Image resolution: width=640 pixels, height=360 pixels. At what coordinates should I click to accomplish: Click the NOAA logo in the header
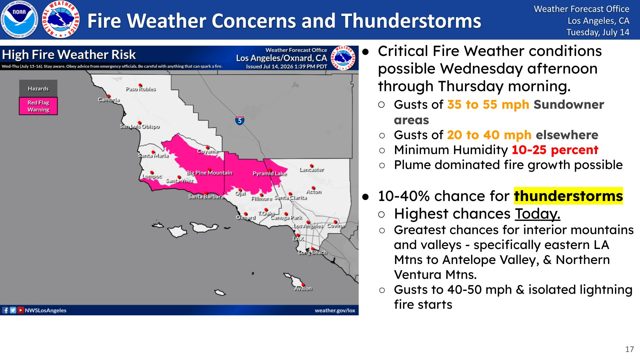coord(19,19)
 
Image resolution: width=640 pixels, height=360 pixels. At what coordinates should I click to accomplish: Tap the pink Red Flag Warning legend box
coord(38,106)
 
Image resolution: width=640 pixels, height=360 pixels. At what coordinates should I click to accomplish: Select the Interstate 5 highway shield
coord(240,120)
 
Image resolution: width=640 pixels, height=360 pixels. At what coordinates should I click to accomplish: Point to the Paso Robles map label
coord(141,89)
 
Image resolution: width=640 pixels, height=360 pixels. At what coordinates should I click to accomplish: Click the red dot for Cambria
coord(108,96)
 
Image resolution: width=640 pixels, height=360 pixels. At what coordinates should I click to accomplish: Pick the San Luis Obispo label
coord(140,126)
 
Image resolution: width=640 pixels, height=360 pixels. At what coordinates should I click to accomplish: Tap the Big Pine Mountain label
coord(209,173)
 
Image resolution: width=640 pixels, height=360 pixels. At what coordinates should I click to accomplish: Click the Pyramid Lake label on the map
coord(270,174)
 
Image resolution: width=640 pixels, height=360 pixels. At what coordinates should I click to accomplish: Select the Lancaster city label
coord(312,170)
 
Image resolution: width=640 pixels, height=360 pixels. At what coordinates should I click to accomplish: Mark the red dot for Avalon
coord(303,285)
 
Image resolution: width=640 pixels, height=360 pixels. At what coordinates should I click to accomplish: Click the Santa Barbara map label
coord(206,197)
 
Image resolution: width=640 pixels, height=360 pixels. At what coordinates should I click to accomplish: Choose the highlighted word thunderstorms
coord(568,196)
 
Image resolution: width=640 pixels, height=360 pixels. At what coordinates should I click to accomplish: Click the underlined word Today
coord(538,214)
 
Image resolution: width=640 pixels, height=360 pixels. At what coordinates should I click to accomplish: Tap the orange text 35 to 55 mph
coord(488,104)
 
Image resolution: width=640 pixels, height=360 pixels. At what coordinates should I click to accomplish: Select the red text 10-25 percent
coord(555,150)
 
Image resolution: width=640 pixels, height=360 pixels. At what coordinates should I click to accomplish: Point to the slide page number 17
coord(629,349)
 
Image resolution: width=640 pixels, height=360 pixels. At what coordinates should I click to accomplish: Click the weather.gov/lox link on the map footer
coord(335,310)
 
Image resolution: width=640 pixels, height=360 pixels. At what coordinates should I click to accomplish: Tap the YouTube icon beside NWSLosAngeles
coord(21,310)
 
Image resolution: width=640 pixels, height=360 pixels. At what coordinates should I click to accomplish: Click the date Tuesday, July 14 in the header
coord(598,32)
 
